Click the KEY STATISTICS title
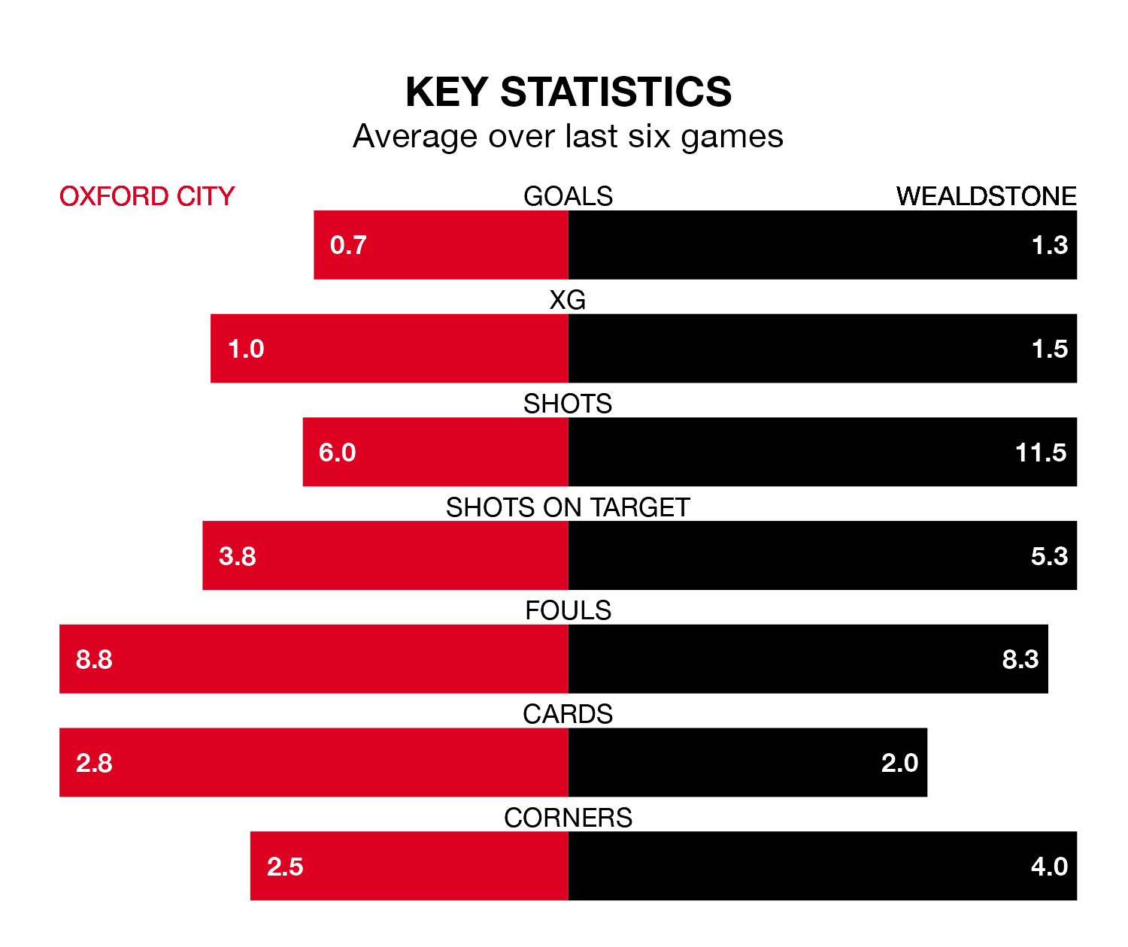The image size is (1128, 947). click(x=568, y=92)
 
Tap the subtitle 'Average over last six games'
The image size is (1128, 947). click(x=568, y=137)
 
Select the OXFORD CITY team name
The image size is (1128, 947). click(x=147, y=196)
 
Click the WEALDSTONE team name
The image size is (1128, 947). click(x=986, y=196)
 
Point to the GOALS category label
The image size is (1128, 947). click(x=568, y=196)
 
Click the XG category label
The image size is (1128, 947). click(x=568, y=300)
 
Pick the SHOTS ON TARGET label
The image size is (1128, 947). click(x=568, y=507)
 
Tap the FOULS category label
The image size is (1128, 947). click(x=568, y=610)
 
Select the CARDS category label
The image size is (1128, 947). click(x=568, y=714)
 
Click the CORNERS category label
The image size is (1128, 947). click(x=568, y=818)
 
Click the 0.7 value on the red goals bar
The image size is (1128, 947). click(x=348, y=245)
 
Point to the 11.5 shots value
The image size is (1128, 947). click(x=1041, y=452)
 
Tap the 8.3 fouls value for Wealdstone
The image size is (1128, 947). click(x=1020, y=659)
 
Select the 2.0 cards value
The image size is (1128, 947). click(x=899, y=763)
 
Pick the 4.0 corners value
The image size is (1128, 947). click(x=1049, y=867)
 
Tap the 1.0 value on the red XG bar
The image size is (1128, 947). click(x=246, y=349)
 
